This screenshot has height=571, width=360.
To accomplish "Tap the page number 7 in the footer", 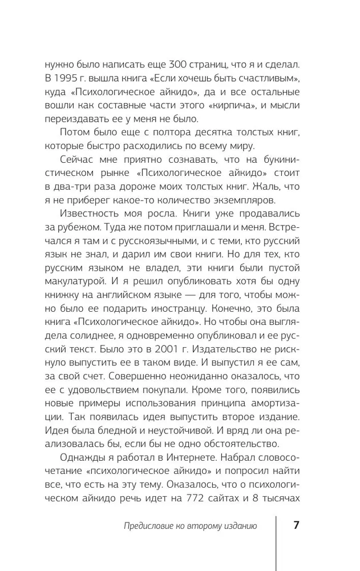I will (296, 526).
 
